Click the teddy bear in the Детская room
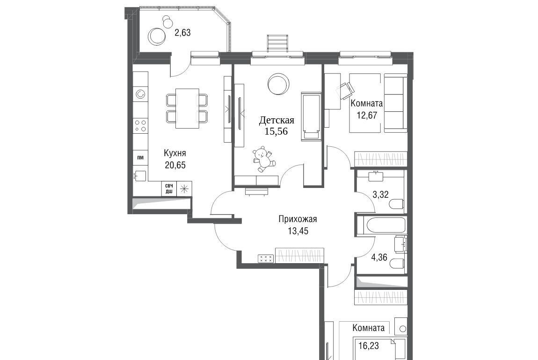tap(263, 159)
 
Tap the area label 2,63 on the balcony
tap(182, 33)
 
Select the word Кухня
tap(175, 153)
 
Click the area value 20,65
tap(175, 165)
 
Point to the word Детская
tap(276, 120)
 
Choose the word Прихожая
tap(298, 219)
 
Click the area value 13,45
tap(298, 231)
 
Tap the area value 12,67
tap(367, 115)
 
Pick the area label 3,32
tap(380, 195)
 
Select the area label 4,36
tap(379, 257)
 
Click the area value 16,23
tap(369, 346)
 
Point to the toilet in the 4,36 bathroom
tap(398, 263)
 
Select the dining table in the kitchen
tap(187, 108)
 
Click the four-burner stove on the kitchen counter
tap(140, 125)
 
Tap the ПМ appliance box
tap(140, 158)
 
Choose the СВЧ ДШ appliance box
tap(169, 189)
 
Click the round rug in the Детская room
tap(278, 84)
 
